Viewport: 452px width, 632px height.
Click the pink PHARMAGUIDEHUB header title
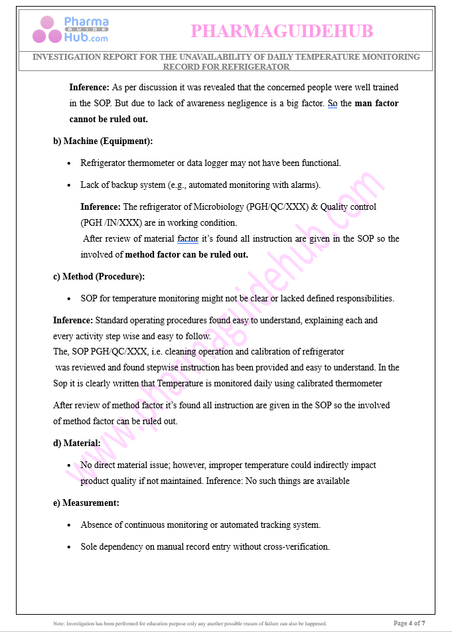282,31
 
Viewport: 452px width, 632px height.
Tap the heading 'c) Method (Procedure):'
99,276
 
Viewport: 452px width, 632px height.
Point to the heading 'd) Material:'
77,443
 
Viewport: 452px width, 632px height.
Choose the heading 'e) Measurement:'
86,503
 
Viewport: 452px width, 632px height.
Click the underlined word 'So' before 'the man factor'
333,104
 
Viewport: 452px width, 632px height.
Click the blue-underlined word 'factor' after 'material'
188,238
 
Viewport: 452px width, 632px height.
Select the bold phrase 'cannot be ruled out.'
108,119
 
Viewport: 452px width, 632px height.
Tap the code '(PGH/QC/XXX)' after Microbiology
278,206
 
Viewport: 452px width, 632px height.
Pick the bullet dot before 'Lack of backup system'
70,185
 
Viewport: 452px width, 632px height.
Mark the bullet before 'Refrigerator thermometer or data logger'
70,163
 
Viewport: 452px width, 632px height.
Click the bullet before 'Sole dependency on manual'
70,547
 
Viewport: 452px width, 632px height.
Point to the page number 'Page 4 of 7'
409,623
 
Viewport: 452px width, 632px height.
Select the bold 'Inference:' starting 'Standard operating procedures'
73,320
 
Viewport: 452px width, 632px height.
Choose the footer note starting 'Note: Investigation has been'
190,623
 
